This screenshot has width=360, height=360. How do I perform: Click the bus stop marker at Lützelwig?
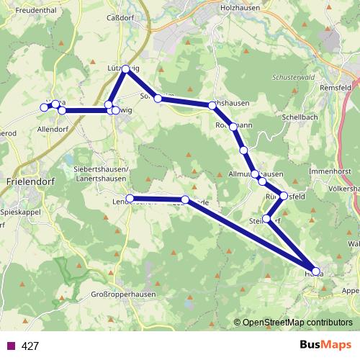click(125, 69)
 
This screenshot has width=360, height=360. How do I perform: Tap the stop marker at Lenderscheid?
click(130, 199)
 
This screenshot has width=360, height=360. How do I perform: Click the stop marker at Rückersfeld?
click(284, 196)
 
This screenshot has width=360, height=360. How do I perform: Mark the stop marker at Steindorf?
click(267, 219)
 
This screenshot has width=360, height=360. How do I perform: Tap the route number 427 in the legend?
click(30, 346)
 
